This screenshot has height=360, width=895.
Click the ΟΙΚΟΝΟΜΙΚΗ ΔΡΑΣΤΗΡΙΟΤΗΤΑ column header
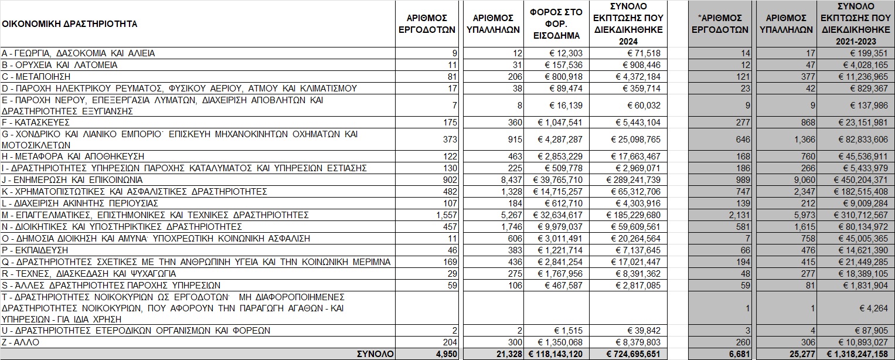69,24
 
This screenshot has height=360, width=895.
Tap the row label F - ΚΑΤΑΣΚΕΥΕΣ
35,122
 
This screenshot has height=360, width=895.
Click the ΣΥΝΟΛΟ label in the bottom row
376,354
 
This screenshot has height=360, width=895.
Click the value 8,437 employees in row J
508,179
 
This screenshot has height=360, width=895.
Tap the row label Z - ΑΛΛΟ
20,342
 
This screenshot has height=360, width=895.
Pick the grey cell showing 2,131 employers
737,215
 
